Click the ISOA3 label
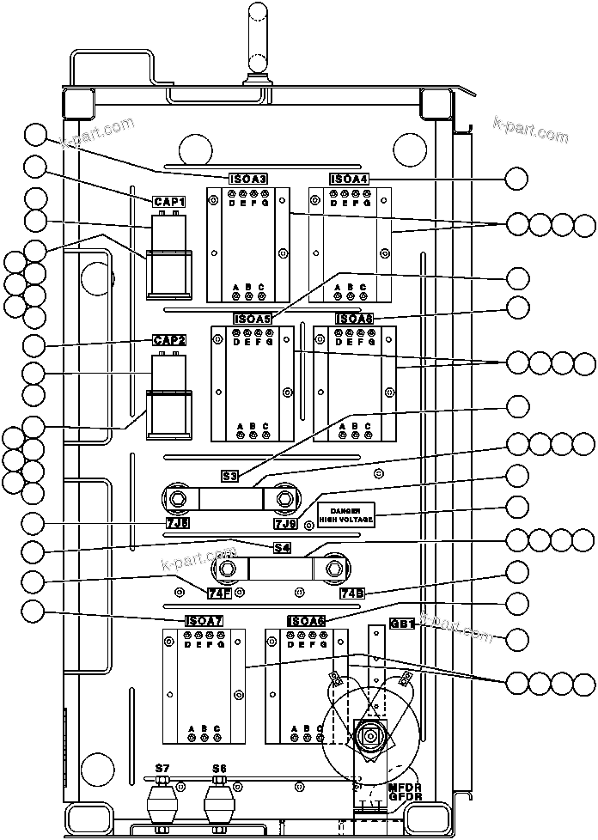[x=248, y=179]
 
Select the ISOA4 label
[x=349, y=179]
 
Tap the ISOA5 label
[x=253, y=319]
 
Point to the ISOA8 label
[x=354, y=319]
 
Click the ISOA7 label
[x=204, y=621]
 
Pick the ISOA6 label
[x=306, y=621]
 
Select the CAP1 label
[x=169, y=201]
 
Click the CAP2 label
[x=169, y=340]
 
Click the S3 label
[x=229, y=475]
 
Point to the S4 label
[x=282, y=547]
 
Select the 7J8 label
[x=178, y=522]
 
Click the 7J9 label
[x=285, y=523]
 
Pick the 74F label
[x=219, y=593]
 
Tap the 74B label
[x=352, y=593]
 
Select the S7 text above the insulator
[x=161, y=767]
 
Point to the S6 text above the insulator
[x=219, y=767]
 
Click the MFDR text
[x=405, y=786]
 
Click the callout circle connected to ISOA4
[x=517, y=178]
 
